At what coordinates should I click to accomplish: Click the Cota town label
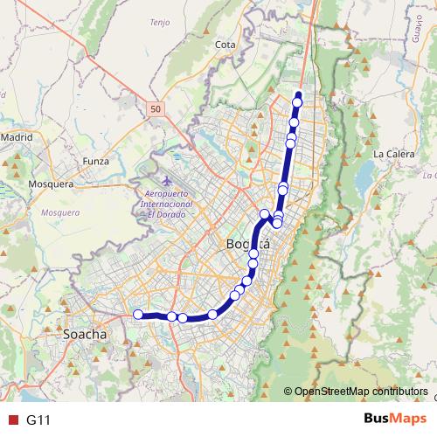pyautogui.click(x=225, y=43)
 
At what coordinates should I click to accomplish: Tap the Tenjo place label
pyautogui.click(x=159, y=22)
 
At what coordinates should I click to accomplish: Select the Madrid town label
pyautogui.click(x=16, y=137)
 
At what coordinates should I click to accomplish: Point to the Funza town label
pyautogui.click(x=95, y=161)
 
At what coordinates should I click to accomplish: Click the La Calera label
pyautogui.click(x=392, y=154)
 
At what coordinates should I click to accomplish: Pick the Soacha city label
pyautogui.click(x=85, y=334)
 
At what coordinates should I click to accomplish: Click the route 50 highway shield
pyautogui.click(x=155, y=108)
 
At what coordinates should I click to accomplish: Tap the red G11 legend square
pyautogui.click(x=11, y=420)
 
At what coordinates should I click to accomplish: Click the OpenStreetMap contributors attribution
pyautogui.click(x=360, y=391)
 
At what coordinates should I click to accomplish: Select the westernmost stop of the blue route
pyautogui.click(x=137, y=315)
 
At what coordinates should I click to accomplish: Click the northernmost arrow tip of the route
pyautogui.click(x=299, y=94)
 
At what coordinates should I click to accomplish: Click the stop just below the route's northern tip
pyautogui.click(x=297, y=103)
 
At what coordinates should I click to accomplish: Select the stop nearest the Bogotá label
pyautogui.click(x=253, y=254)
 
